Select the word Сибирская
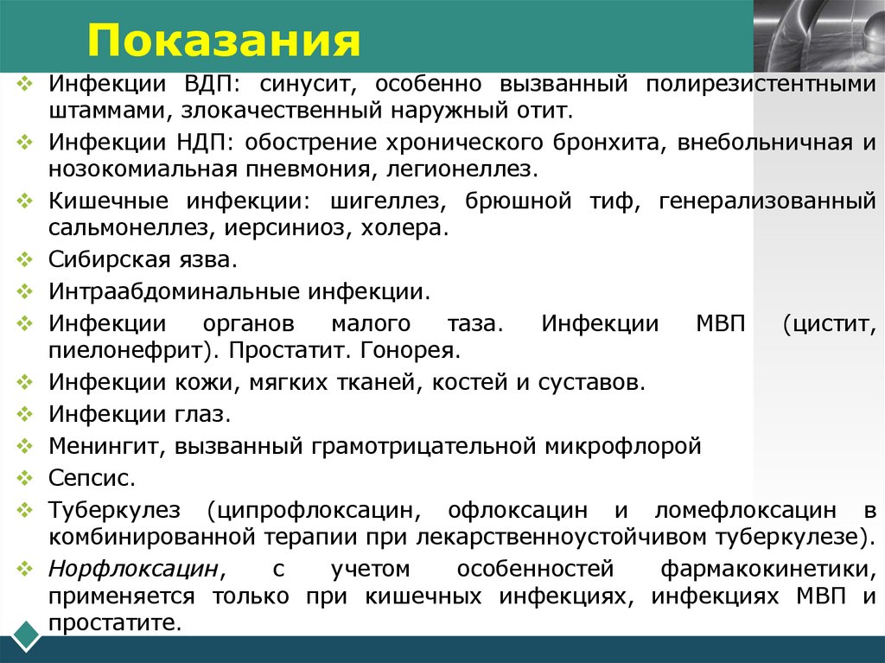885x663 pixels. coord(112,259)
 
